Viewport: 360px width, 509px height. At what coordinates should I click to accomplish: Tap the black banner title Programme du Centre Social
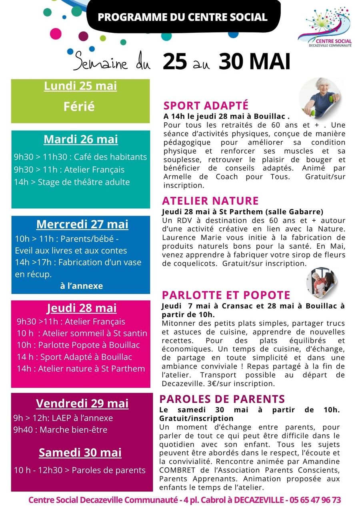(182, 17)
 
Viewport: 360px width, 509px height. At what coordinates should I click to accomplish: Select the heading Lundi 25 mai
(80, 86)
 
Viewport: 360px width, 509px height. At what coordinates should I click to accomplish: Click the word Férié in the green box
(79, 106)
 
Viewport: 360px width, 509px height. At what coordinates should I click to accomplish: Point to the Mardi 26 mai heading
(81, 140)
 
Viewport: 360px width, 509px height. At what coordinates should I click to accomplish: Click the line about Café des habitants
(80, 157)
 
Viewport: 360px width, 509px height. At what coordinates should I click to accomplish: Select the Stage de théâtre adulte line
(72, 182)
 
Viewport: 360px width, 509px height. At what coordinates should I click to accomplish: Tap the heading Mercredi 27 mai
(82, 224)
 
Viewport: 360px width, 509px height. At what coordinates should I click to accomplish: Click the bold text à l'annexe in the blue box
(81, 286)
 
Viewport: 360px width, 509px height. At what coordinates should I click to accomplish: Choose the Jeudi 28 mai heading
(82, 308)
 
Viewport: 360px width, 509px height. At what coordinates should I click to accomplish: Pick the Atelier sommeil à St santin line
(82, 333)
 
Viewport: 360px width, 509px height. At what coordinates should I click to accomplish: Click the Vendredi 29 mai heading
(82, 403)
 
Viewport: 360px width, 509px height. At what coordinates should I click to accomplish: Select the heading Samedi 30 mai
(80, 453)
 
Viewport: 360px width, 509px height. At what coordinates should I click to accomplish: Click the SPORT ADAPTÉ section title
(206, 106)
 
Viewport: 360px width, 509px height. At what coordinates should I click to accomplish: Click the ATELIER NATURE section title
(210, 201)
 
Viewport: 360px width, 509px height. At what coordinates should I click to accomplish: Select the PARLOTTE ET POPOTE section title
(226, 295)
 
